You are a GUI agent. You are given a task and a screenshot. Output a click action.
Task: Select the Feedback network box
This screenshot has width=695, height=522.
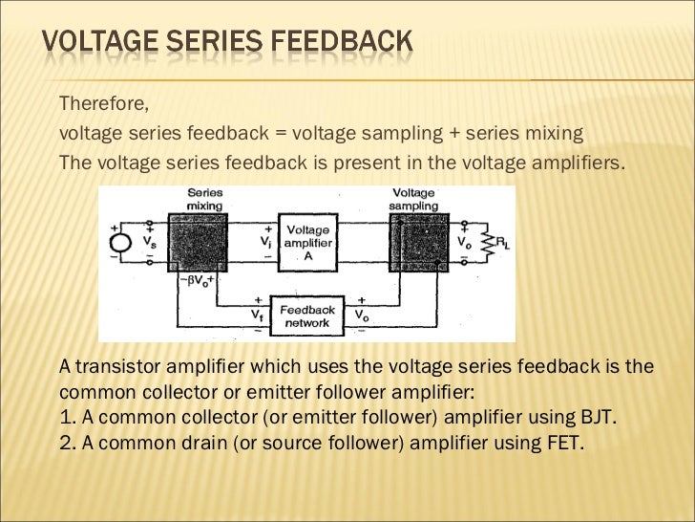click(x=306, y=316)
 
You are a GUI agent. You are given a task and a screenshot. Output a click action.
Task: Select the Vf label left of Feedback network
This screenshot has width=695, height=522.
click(x=258, y=314)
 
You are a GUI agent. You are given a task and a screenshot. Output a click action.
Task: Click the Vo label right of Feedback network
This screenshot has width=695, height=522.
click(x=363, y=314)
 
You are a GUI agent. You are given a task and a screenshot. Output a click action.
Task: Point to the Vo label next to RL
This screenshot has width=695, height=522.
click(x=464, y=245)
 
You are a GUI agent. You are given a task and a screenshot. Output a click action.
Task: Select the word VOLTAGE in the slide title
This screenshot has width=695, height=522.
click(x=103, y=42)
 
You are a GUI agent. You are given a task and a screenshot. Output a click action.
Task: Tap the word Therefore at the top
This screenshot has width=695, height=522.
click(x=103, y=103)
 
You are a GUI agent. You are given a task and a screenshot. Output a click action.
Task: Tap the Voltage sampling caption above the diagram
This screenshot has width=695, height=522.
click(x=414, y=198)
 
